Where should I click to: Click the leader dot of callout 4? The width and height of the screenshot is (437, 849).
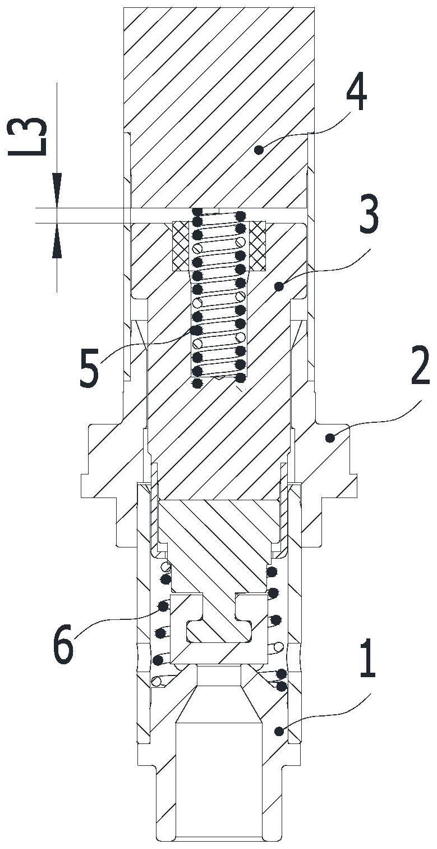click(259, 149)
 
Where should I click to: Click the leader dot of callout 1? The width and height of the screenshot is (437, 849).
click(278, 730)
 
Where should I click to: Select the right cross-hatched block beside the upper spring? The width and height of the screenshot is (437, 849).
click(257, 246)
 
